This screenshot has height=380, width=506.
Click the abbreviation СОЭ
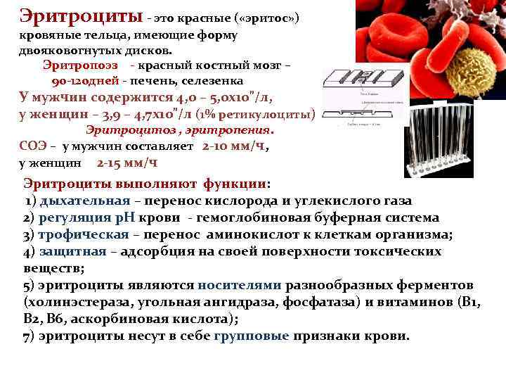click(x=33, y=146)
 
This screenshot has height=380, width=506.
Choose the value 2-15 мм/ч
click(x=126, y=163)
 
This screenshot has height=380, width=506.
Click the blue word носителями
click(x=240, y=285)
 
